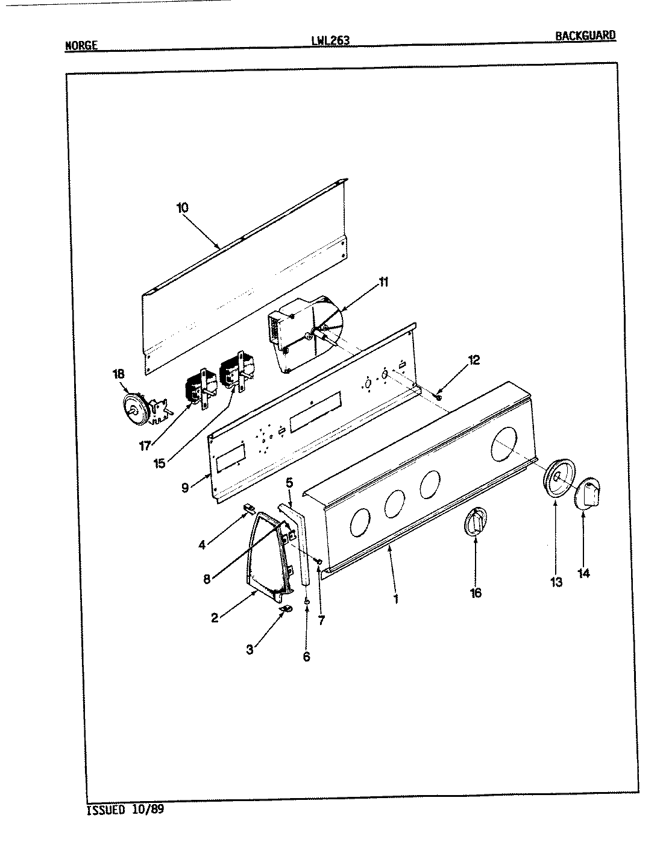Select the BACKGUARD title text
pyautogui.click(x=585, y=35)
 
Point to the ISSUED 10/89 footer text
pyautogui.click(x=125, y=810)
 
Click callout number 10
pyautogui.click(x=182, y=208)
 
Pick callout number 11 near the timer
pyautogui.click(x=384, y=282)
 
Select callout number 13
pyautogui.click(x=556, y=582)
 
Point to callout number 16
pyautogui.click(x=476, y=593)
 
